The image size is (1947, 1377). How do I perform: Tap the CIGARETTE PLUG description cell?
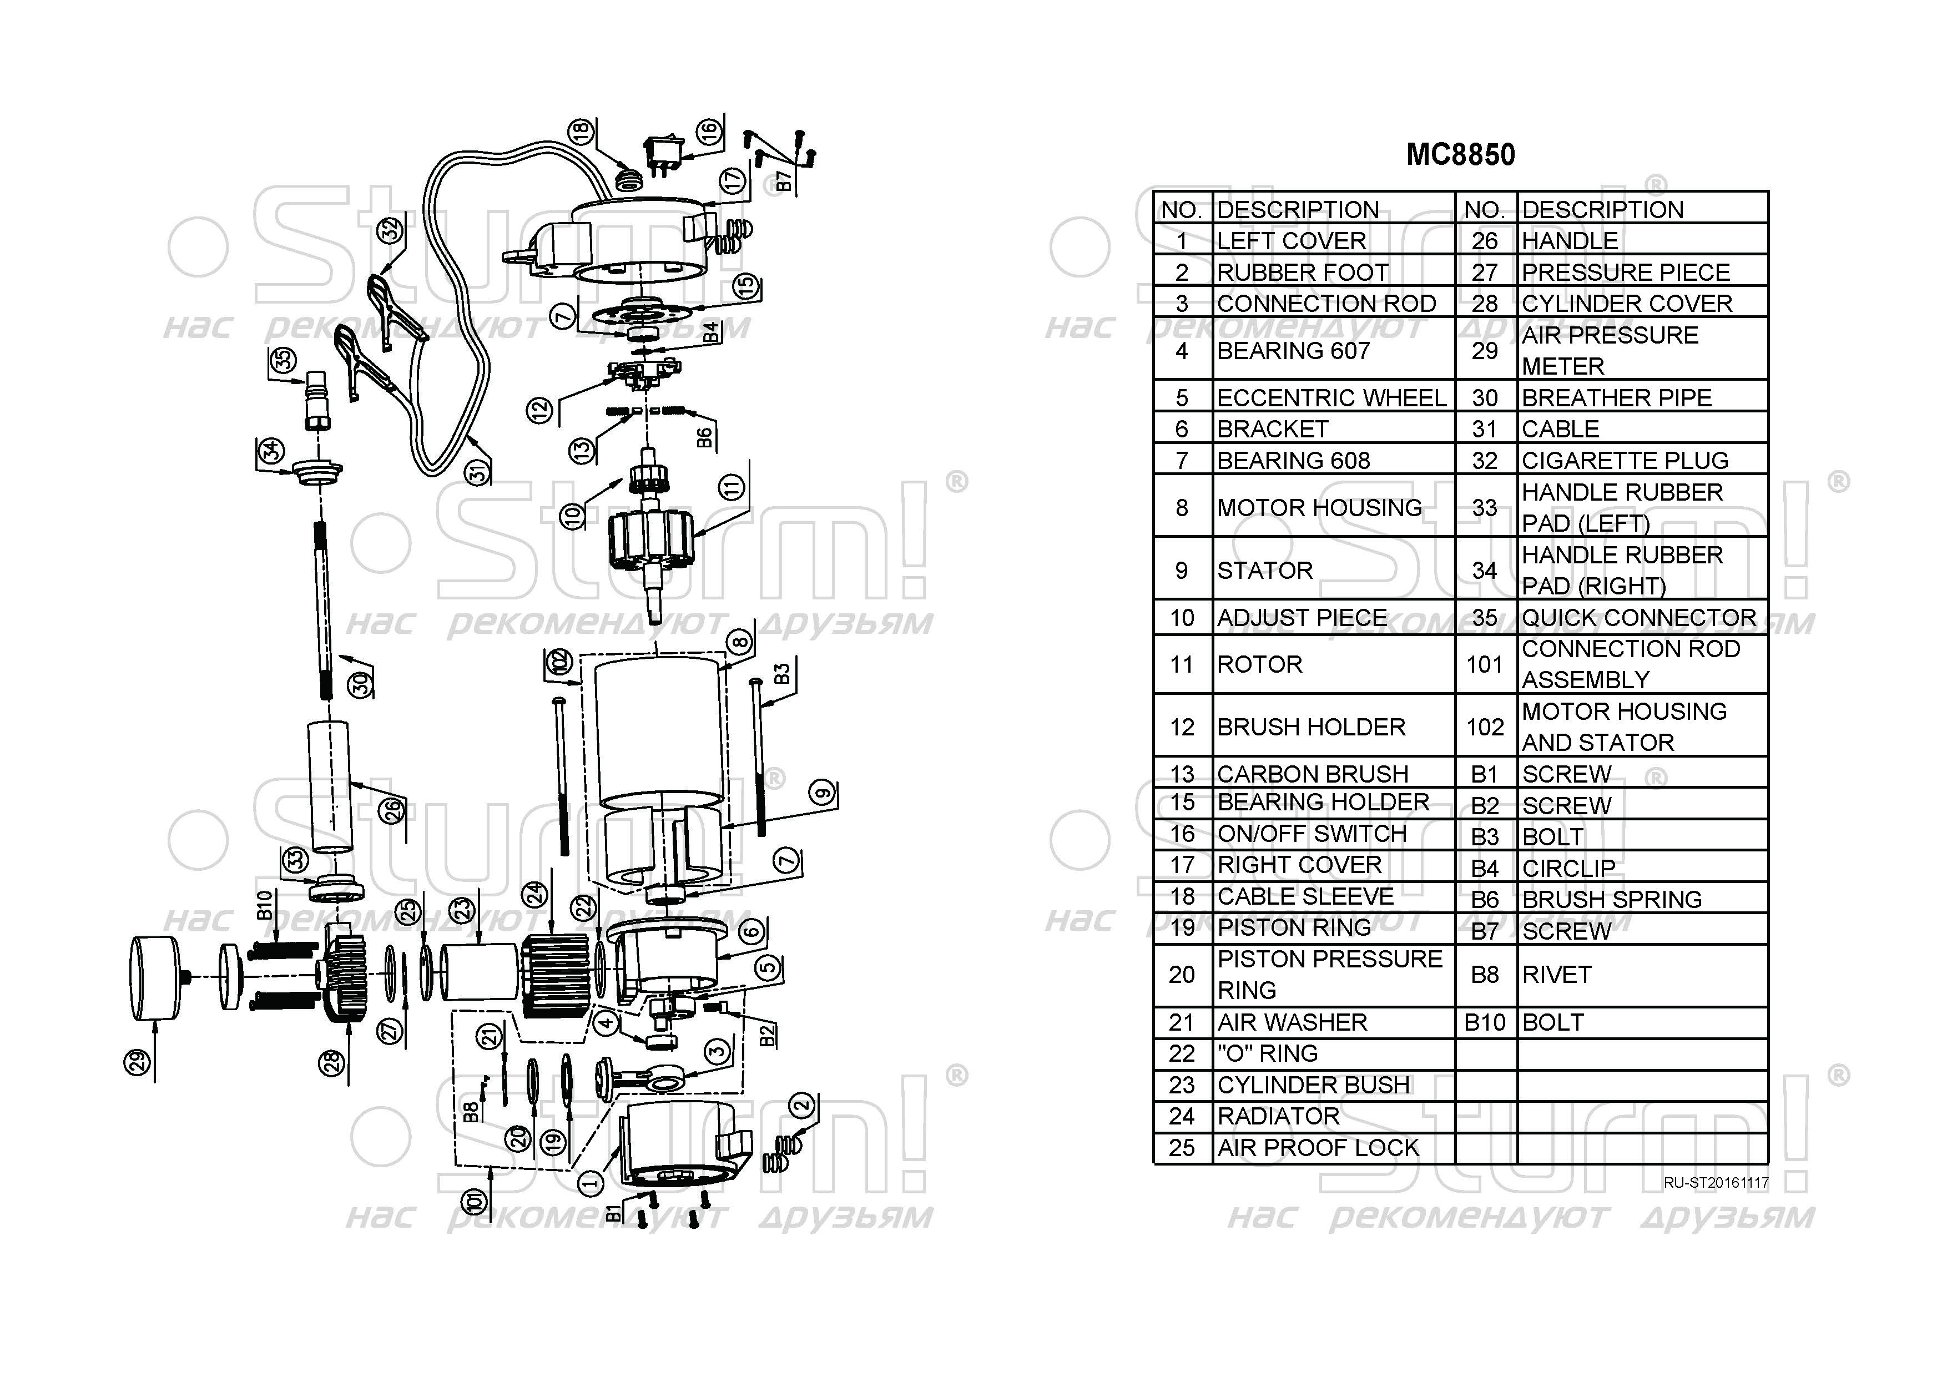[1624, 461]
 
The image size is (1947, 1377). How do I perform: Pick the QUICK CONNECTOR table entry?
[1638, 617]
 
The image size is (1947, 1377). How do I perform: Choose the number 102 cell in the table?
[1485, 727]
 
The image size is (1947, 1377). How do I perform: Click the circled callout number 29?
[138, 1062]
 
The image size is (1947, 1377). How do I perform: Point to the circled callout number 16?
[709, 132]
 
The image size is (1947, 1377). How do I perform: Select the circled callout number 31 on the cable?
[479, 471]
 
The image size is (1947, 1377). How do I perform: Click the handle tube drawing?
[330, 786]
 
